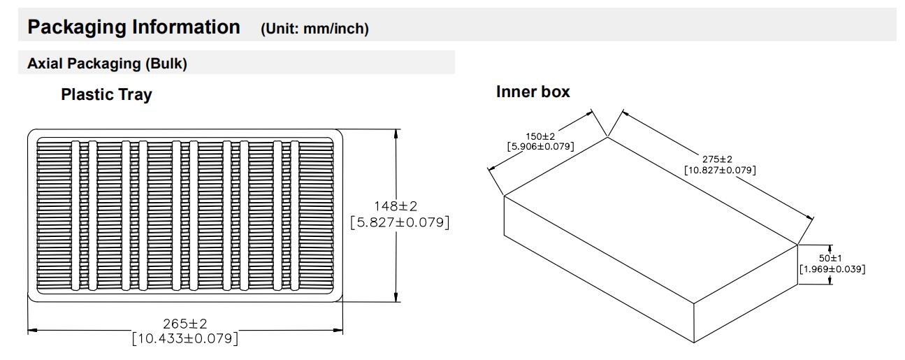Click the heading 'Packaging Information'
[133, 27]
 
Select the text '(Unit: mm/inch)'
[314, 29]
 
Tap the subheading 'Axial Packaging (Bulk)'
[107, 64]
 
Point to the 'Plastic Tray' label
[106, 94]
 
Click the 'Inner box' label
[533, 92]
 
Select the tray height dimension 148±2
[396, 206]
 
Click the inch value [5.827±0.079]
[400, 222]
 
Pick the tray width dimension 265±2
[185, 324]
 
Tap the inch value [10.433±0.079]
[185, 338]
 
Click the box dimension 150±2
[540, 136]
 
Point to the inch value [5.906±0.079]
[541, 146]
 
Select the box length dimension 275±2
[717, 159]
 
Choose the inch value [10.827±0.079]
[720, 170]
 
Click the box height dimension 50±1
[830, 258]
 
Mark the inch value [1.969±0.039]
[832, 269]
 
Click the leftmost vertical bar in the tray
[75, 215]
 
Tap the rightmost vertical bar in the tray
[294, 215]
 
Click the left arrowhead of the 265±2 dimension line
[32, 330]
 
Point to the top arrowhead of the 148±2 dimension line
[396, 134]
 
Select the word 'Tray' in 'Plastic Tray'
[136, 95]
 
